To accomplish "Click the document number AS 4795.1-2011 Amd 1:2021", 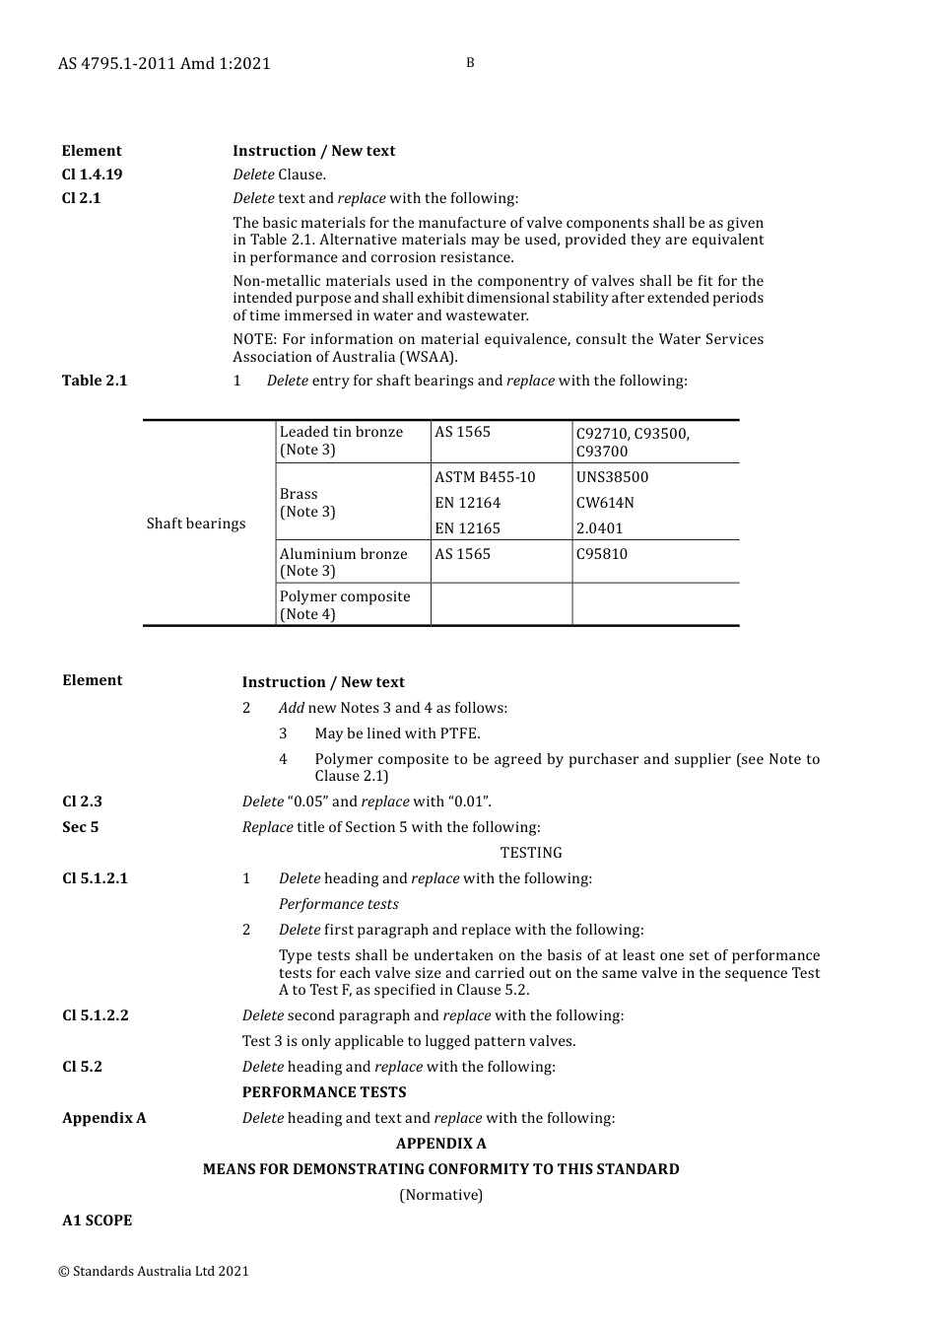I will click(164, 63).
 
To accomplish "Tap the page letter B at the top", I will click(470, 63).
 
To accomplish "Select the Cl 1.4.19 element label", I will click(92, 174).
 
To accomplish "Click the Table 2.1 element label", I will click(95, 381).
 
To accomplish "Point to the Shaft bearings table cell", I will click(196, 523).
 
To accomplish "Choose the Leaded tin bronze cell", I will click(341, 441).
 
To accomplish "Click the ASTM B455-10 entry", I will click(485, 477).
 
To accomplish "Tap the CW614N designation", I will click(605, 503).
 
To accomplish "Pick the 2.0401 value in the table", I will click(599, 528).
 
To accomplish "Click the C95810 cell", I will click(601, 554).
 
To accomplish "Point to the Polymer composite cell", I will click(345, 604).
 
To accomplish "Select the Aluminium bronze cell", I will click(343, 562).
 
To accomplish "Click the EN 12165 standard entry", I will click(467, 528).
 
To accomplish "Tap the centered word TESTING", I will click(531, 853).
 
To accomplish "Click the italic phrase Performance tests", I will click(338, 904).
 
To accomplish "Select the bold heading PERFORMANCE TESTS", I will click(324, 1092).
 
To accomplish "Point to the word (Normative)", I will click(440, 1195).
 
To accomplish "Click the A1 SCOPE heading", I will click(97, 1220).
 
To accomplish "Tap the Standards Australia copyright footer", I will click(154, 1271).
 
